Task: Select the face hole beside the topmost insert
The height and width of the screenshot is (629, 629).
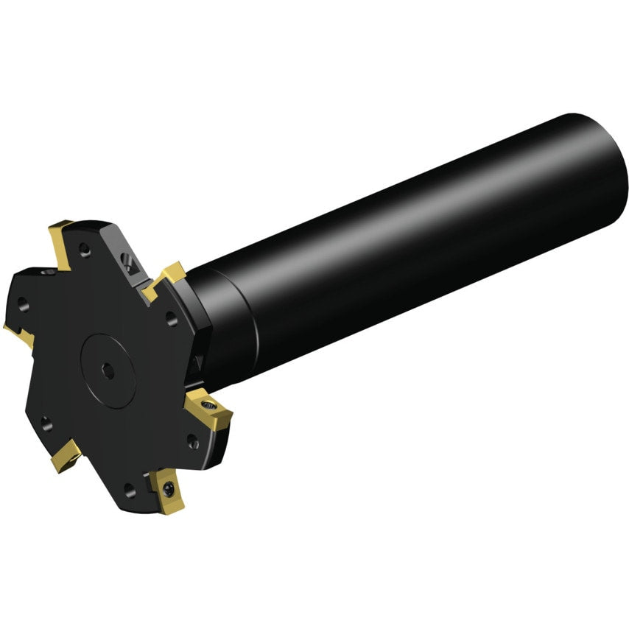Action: [86, 253]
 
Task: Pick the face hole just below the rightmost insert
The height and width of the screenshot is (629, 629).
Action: [192, 441]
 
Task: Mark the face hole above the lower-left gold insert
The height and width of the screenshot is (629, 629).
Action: [46, 421]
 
